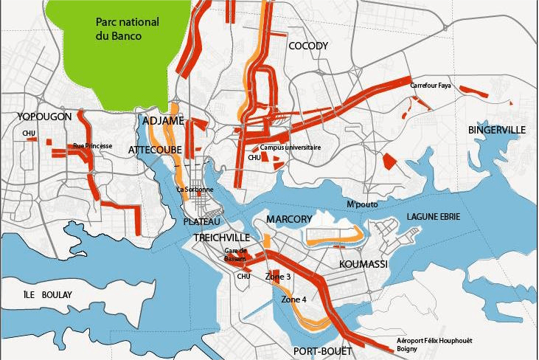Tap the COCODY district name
tap(308, 46)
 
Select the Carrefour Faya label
tap(430, 86)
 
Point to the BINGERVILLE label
tap(496, 130)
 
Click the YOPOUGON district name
tap(46, 117)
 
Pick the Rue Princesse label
tap(93, 146)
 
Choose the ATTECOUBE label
tap(156, 150)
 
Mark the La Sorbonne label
tap(195, 190)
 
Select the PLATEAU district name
tap(202, 221)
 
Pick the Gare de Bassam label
tap(235, 255)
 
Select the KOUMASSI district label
tap(363, 263)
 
